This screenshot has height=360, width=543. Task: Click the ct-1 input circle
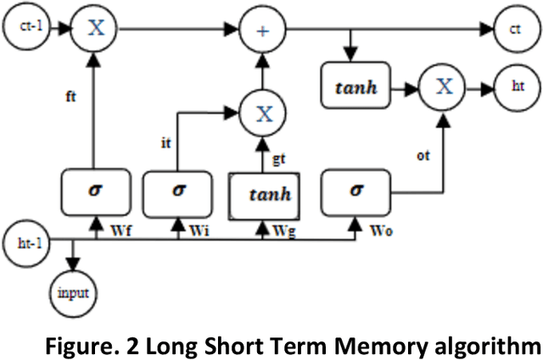[x=26, y=28]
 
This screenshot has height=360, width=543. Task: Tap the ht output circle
[x=517, y=87]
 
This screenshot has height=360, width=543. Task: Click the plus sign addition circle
[x=264, y=28]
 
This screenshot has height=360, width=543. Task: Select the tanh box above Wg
[x=263, y=193]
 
